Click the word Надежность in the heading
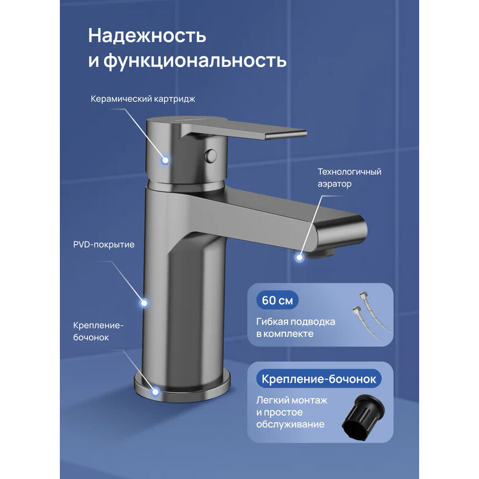pos(147,36)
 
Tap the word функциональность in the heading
pos(197,60)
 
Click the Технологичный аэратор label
pos(349,178)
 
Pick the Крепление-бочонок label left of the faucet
pos(99,331)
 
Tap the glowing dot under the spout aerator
pos(299,257)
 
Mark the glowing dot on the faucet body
pos(144,303)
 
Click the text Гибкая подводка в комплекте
pos(295,328)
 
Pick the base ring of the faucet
pos(186,389)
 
